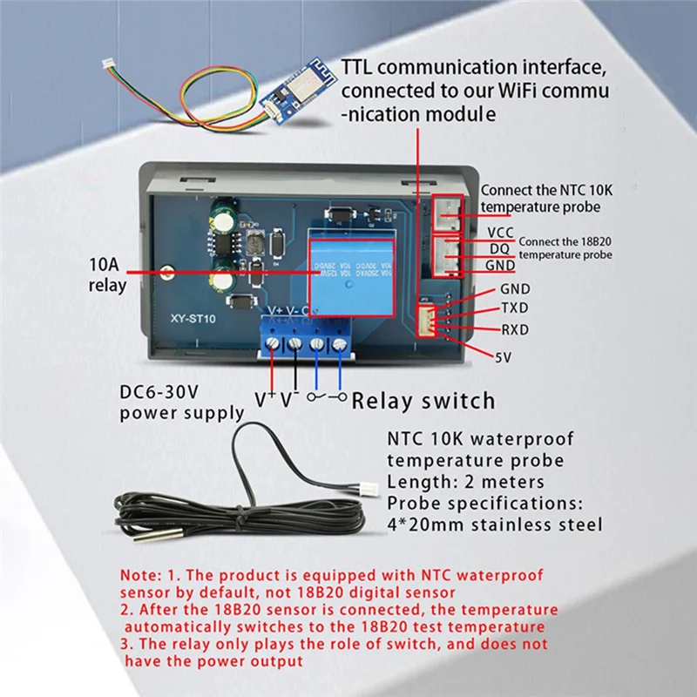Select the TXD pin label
[x=514, y=308]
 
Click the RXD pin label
[x=514, y=329]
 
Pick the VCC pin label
[x=500, y=233]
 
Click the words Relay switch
[x=423, y=401]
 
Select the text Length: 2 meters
[x=465, y=482]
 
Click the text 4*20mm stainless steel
[x=494, y=524]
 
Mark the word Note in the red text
[x=140, y=576]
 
